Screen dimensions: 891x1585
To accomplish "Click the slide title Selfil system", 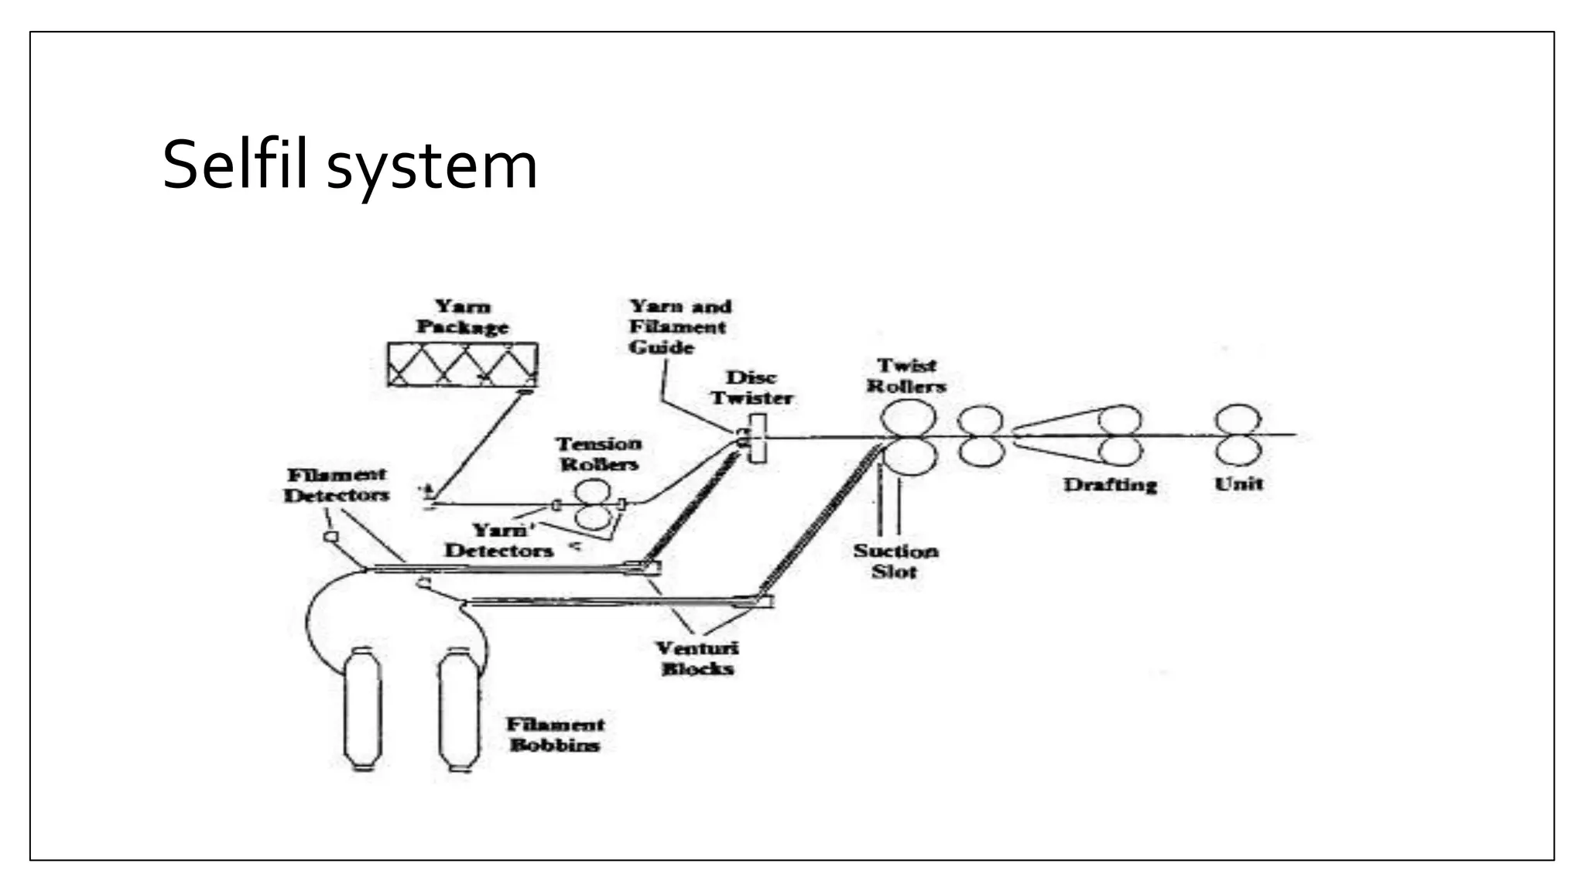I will point(349,166).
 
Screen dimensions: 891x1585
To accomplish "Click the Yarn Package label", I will point(462,317).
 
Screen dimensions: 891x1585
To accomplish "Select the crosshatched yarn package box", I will point(463,365).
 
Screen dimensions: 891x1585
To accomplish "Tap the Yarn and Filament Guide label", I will point(679,327).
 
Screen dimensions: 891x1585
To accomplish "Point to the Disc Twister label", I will point(751,388).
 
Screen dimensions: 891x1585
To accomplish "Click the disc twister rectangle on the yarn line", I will point(758,439).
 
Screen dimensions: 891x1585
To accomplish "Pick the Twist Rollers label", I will point(906,376).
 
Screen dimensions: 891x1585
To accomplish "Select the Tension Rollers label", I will point(599,454).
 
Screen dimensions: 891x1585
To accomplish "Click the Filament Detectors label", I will point(336,485).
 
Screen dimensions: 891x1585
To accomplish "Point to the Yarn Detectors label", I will point(499,541).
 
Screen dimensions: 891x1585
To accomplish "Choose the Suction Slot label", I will point(895,562).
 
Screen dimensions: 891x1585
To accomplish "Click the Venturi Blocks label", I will point(697,659).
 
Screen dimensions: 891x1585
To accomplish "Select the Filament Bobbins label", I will point(555,735).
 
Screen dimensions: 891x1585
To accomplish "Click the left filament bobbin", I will point(363,708).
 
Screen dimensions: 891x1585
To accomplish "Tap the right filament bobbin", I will point(460,710).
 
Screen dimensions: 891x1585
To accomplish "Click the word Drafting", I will point(1110,485).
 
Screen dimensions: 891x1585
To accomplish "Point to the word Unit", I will point(1238,484).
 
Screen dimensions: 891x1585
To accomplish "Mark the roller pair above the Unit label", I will point(1238,435).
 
